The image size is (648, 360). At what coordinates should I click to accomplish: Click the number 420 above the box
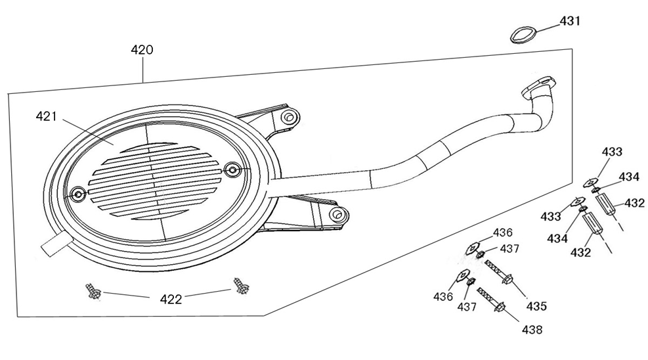(x=142, y=50)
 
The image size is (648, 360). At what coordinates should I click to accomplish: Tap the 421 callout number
(x=46, y=116)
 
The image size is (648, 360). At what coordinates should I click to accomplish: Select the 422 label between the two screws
(x=171, y=300)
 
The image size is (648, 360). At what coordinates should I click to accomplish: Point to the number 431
(x=570, y=20)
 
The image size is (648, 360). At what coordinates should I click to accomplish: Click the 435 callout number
(x=536, y=306)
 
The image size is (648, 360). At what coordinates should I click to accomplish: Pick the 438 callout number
(x=532, y=330)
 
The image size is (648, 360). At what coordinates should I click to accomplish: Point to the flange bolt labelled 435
(x=499, y=272)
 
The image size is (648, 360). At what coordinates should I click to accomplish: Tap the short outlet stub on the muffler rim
(x=56, y=244)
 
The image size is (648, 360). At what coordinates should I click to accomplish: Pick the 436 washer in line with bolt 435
(x=472, y=248)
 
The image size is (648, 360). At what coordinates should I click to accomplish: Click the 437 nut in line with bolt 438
(x=470, y=282)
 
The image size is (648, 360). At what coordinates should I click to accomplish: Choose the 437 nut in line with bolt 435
(x=481, y=254)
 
